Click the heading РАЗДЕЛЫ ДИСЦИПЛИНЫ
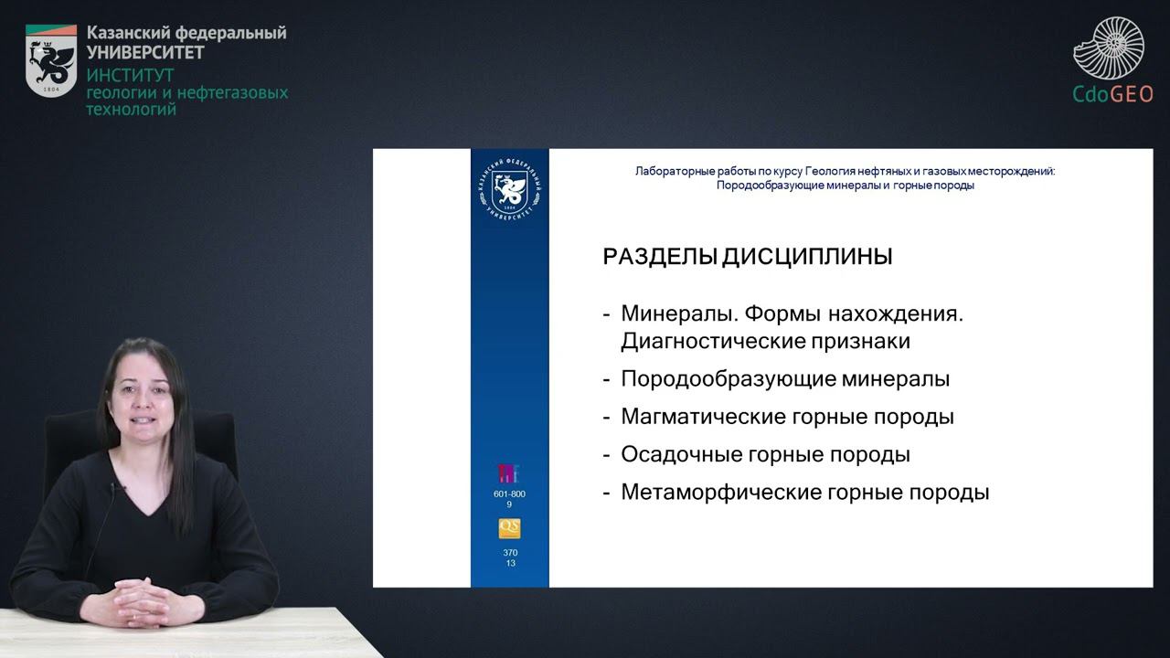pyautogui.click(x=747, y=258)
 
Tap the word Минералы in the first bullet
pyautogui.click(x=677, y=314)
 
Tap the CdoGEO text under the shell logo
pyautogui.click(x=1112, y=94)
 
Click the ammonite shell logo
pyautogui.click(x=1109, y=48)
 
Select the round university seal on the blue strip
pyautogui.click(x=509, y=190)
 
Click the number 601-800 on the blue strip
pyautogui.click(x=509, y=494)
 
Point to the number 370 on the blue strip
pyautogui.click(x=510, y=553)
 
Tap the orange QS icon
pyautogui.click(x=509, y=528)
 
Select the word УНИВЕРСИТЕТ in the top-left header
pyautogui.click(x=145, y=52)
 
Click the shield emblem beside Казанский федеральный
pyautogui.click(x=51, y=60)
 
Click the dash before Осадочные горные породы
pyautogui.click(x=606, y=454)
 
